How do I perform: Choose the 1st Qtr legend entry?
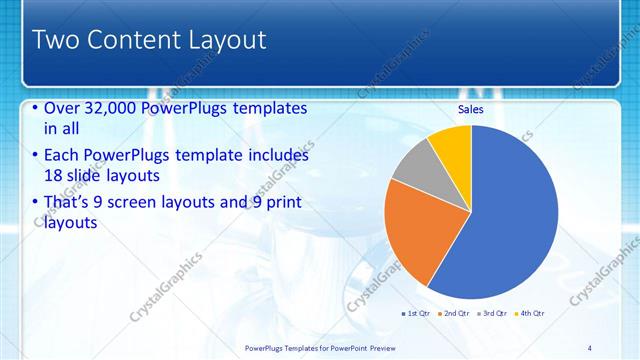pyautogui.click(x=416, y=314)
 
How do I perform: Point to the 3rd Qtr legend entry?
pyautogui.click(x=494, y=314)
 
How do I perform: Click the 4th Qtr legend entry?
pyautogui.click(x=531, y=314)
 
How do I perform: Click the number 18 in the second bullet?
pyautogui.click(x=54, y=176)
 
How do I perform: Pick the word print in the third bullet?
pyautogui.click(x=280, y=203)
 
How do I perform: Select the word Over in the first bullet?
pyautogui.click(x=63, y=108)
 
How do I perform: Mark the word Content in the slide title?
pyautogui.click(x=134, y=40)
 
